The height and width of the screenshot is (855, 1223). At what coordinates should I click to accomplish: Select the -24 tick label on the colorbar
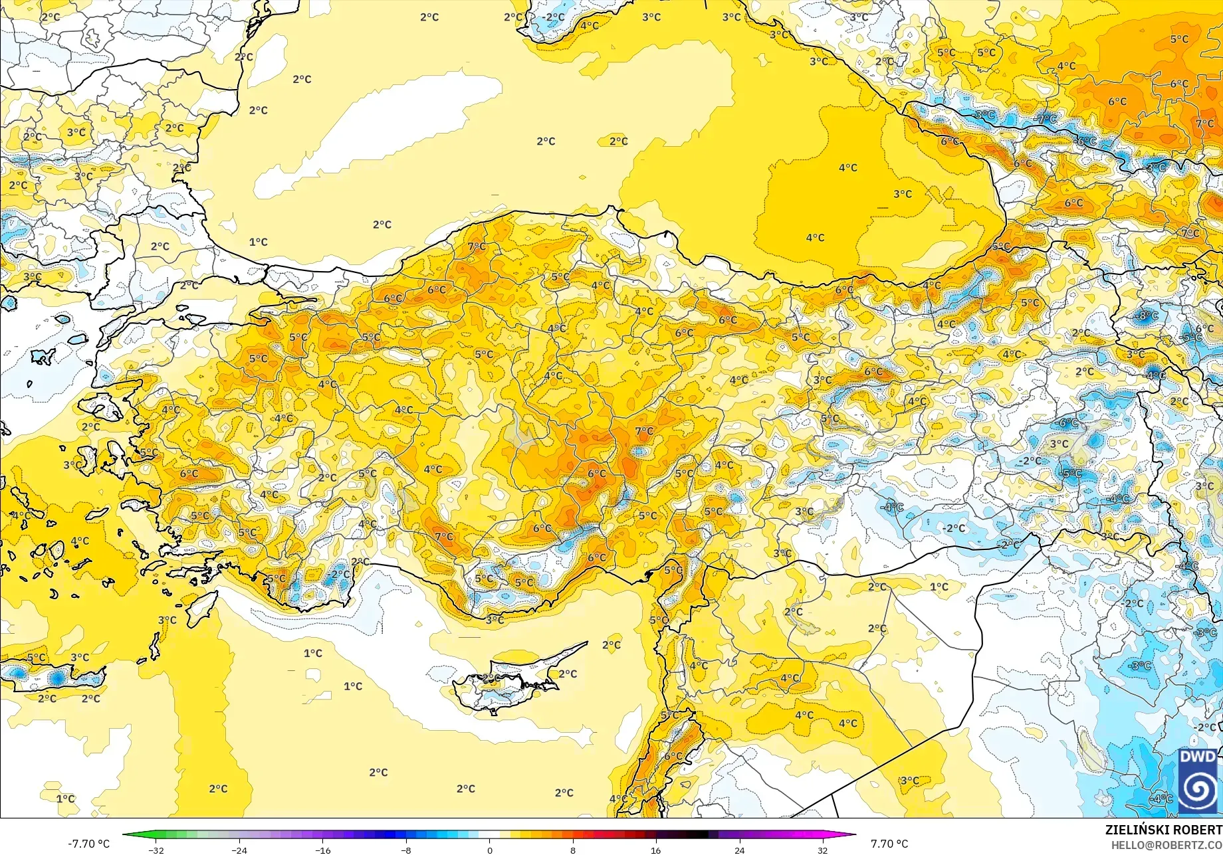pos(239,850)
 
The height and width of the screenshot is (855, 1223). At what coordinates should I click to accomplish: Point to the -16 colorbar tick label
pos(322,850)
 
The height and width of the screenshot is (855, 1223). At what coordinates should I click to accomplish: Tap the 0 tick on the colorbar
pos(490,850)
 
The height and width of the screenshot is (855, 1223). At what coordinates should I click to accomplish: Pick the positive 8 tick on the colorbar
pos(573,850)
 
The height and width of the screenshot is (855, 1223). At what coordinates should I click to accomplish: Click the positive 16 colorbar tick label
pos(656,850)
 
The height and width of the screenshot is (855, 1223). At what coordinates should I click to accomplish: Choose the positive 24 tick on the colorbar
pos(739,850)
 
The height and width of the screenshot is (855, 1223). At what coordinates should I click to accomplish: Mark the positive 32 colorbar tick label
pos(823,850)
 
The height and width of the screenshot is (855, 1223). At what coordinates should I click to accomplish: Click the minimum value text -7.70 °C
pos(88,844)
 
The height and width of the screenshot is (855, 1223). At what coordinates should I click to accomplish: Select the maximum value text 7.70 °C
pos(889,844)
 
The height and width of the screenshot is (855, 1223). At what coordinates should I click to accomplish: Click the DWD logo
pos(1198,781)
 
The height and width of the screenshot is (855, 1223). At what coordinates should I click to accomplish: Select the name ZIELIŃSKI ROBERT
pos(1163,830)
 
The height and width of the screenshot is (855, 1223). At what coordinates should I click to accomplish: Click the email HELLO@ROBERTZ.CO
pos(1167,844)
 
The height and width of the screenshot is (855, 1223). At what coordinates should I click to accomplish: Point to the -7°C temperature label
pos(1046,119)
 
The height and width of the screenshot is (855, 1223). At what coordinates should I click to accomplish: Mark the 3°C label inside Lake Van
pos(1059,444)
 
